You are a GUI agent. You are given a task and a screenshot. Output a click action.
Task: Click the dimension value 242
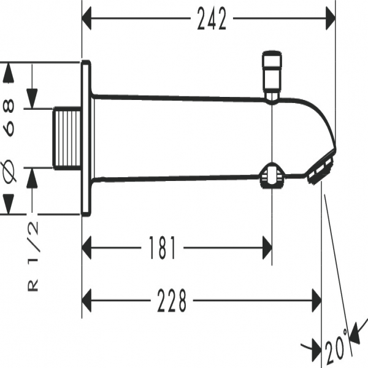pyautogui.click(x=212, y=20)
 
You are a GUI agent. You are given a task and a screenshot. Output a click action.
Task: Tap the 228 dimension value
pyautogui.click(x=170, y=301)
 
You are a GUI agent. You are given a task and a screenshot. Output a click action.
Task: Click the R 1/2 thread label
pyautogui.click(x=34, y=256)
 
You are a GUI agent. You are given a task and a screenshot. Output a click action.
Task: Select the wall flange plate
pyautogui.click(x=86, y=138)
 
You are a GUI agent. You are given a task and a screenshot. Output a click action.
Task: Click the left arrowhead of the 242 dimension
pyautogui.click(x=90, y=20)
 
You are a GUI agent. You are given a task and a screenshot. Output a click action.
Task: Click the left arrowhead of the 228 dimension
pyautogui.click(x=90, y=301)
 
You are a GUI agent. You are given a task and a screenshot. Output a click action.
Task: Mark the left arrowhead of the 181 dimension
pyautogui.click(x=90, y=248)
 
